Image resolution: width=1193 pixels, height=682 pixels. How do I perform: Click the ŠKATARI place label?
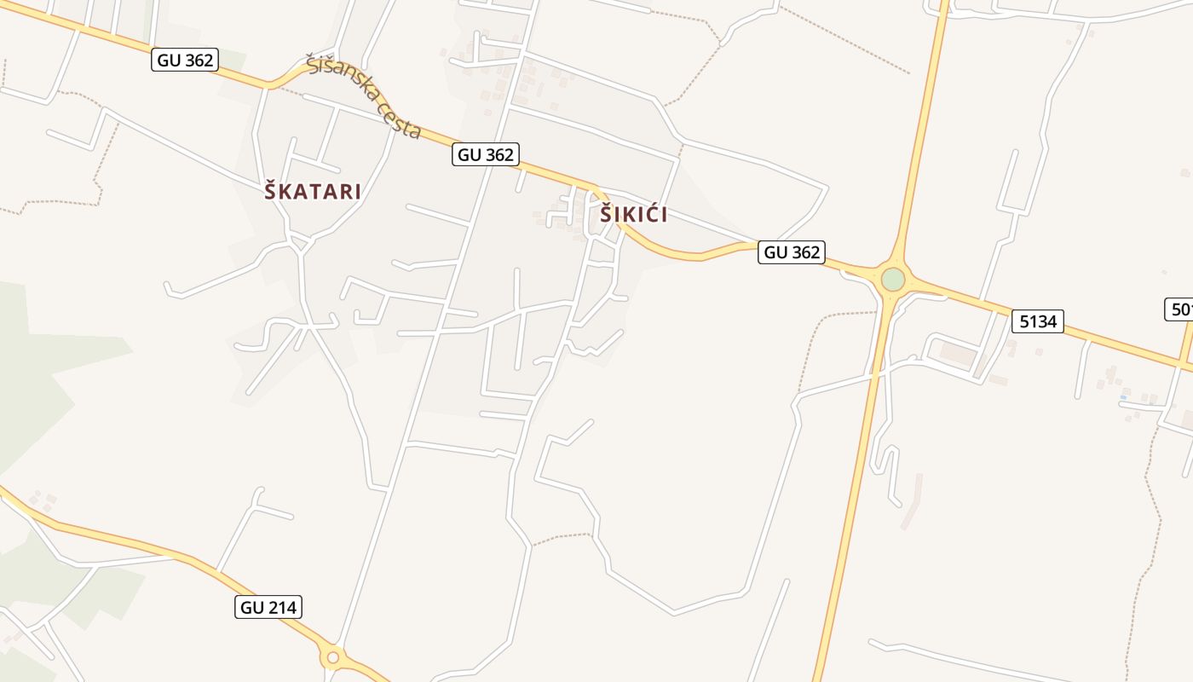coord(313,192)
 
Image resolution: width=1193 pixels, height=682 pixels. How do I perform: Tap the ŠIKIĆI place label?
coord(633,215)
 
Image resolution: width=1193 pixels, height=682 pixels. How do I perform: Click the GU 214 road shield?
coord(268,607)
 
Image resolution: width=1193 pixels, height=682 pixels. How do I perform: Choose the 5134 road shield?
coord(1038,321)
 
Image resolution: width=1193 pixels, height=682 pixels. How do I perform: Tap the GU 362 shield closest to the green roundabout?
coord(792,252)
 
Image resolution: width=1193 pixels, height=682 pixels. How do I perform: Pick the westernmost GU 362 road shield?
coord(185,60)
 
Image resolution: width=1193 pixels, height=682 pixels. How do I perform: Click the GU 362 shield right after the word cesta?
coord(486,154)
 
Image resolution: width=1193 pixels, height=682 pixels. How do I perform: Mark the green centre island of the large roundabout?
coord(892,280)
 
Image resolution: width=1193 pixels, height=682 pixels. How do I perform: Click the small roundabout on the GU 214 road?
coord(333,657)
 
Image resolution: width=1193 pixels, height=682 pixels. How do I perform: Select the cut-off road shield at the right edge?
coord(1179,309)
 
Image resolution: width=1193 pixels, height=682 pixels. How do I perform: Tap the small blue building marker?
coord(1123,397)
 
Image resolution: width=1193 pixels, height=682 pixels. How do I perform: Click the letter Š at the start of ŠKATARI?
coord(271,192)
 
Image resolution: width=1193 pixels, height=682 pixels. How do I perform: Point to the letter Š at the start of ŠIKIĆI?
coord(606,215)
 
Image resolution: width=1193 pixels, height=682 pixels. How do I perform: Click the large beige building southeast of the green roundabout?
coord(956,354)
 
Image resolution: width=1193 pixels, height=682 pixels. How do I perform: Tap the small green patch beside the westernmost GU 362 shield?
coord(232,61)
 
